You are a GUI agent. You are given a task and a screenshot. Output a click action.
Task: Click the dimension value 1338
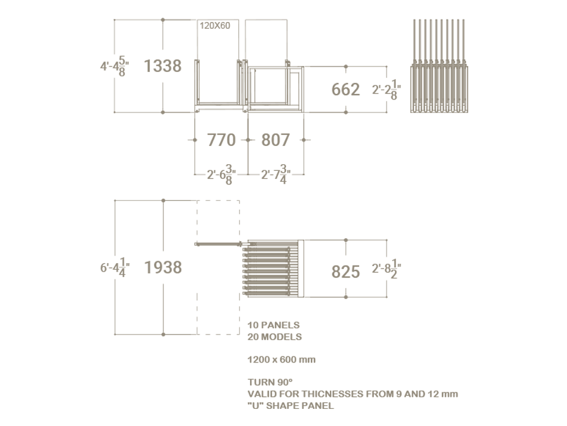[163, 66]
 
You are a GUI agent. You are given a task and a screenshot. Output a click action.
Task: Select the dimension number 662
[346, 89]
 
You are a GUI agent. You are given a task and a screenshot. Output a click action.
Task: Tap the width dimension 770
[221, 140]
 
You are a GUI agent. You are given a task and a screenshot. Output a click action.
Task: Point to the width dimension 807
[276, 140]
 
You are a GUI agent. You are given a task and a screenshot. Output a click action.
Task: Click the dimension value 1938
[163, 267]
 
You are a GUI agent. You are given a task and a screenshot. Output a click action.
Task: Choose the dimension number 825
[346, 272]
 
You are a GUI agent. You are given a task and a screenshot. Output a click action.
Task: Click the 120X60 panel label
[215, 26]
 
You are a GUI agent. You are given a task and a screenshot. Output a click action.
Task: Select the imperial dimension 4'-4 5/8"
[115, 67]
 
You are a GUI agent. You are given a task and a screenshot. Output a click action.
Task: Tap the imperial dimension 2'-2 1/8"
[387, 89]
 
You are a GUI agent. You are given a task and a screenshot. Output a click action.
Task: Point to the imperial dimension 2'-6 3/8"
[221, 175]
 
